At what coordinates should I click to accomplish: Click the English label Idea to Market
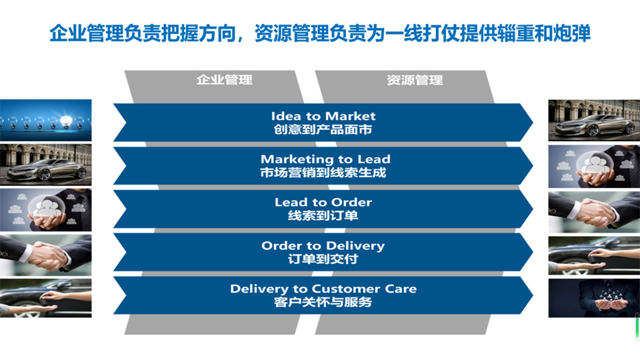point(323,116)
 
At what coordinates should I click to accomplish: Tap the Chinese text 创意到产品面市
point(323,129)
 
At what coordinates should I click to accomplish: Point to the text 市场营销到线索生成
point(323,173)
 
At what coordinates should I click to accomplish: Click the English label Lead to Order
point(323,202)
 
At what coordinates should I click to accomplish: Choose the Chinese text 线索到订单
point(323,215)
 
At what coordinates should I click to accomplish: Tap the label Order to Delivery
point(323,246)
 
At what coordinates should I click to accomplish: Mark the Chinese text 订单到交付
point(323,259)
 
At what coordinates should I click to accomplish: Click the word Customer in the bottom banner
point(346,289)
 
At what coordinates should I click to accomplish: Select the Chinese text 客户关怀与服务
point(323,302)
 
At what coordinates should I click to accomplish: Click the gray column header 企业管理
point(225,79)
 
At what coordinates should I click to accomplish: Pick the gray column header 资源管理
point(415,80)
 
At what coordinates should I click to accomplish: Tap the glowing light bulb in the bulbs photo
point(66,121)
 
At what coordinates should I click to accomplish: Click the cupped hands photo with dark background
point(594,298)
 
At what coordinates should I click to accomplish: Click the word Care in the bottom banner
point(401,289)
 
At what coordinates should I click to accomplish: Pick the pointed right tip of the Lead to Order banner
point(533,209)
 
